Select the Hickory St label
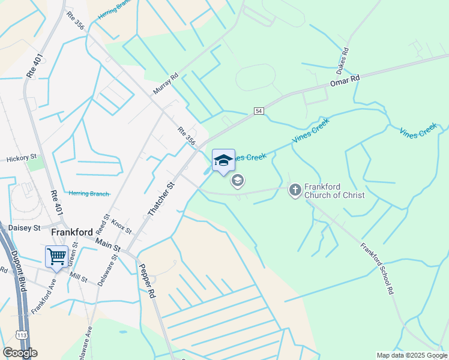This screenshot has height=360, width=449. pyautogui.click(x=22, y=159)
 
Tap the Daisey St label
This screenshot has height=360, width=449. pyautogui.click(x=24, y=228)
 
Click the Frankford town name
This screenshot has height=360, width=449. pyautogui.click(x=72, y=232)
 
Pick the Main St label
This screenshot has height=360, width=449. pyautogui.click(x=109, y=244)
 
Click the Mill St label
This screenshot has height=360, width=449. pyautogui.click(x=79, y=279)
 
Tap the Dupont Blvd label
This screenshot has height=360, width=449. pyautogui.click(x=19, y=271)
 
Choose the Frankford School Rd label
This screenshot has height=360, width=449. pyautogui.click(x=378, y=268)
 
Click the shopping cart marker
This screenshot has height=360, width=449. pyautogui.click(x=56, y=256)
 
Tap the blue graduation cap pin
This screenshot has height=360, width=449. pyautogui.click(x=223, y=160)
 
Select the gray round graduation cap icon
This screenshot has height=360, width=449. pyautogui.click(x=238, y=180)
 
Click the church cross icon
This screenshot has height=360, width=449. pyautogui.click(x=295, y=190)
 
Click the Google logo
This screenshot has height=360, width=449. pyautogui.click(x=20, y=353)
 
